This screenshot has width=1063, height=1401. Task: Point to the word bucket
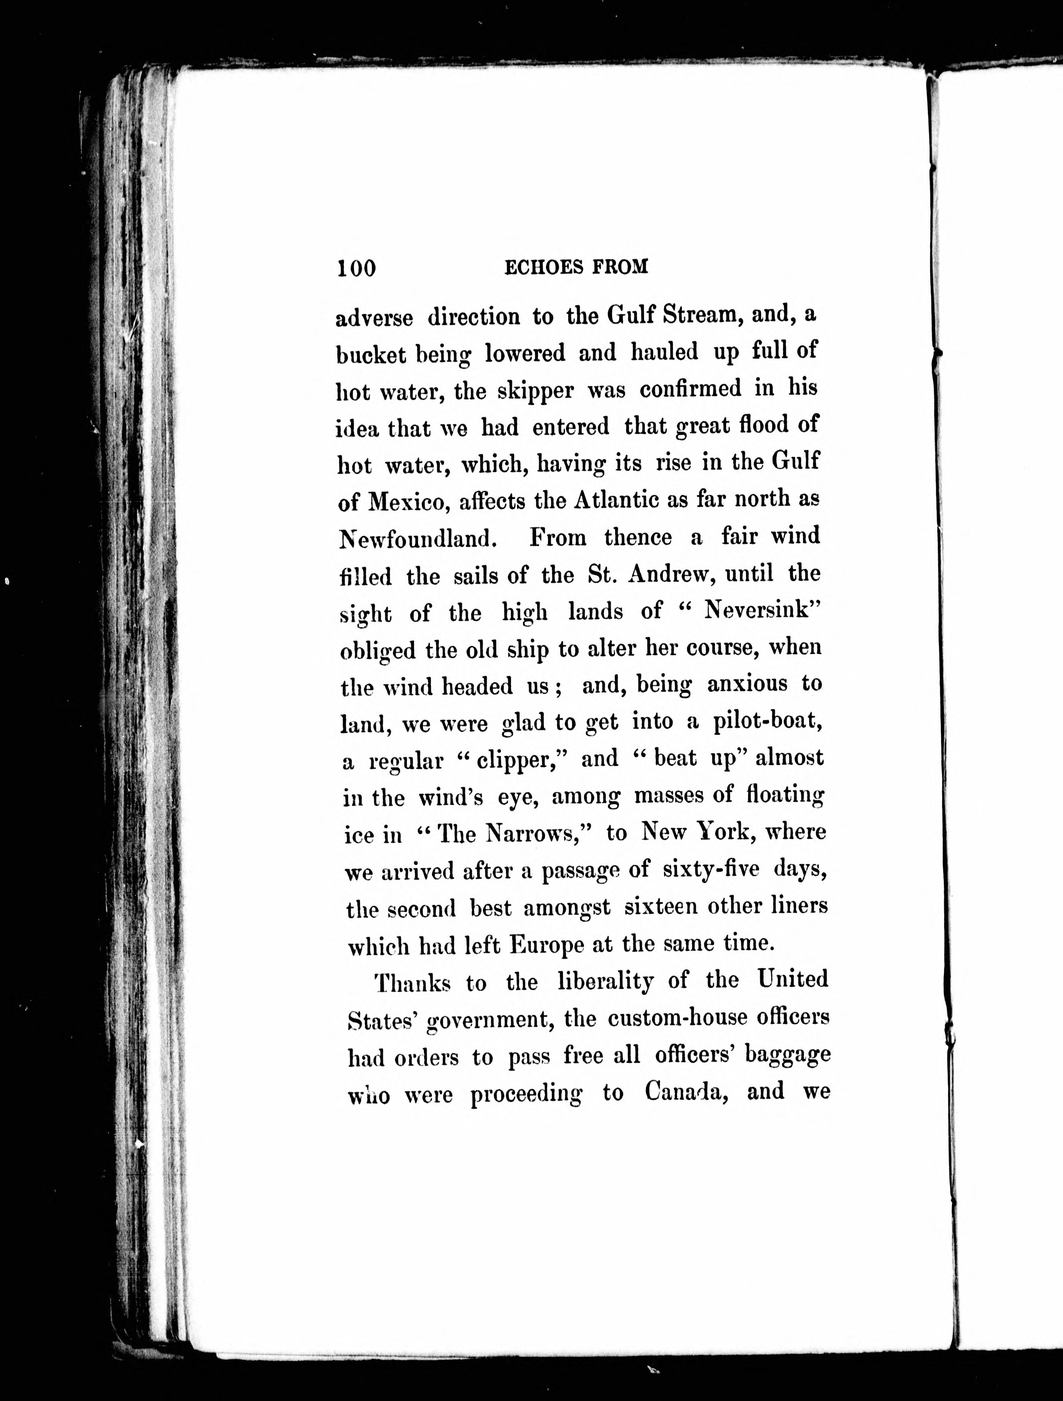click(x=370, y=355)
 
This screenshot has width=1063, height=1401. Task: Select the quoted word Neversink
click(x=757, y=611)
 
